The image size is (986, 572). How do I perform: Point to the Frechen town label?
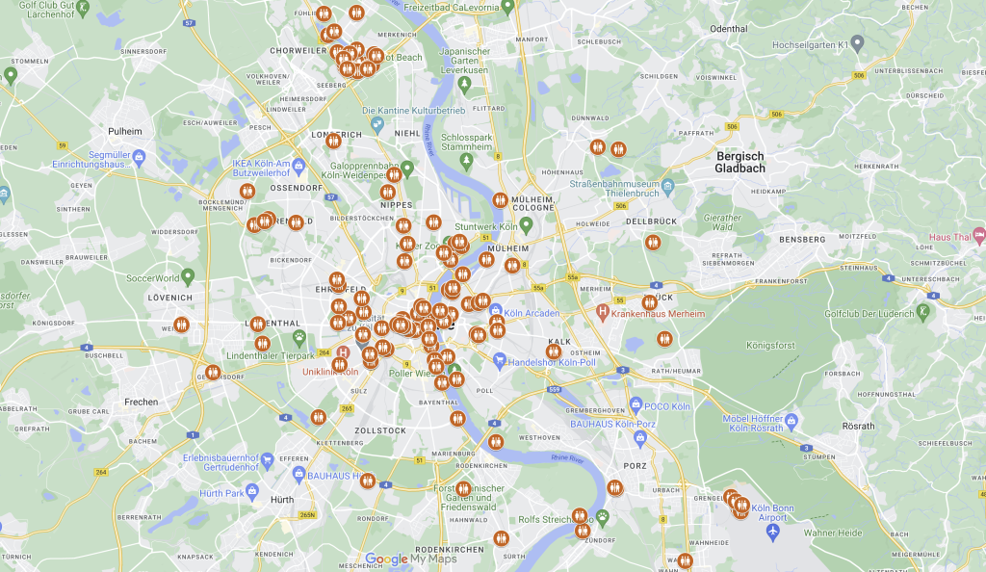[x=141, y=402]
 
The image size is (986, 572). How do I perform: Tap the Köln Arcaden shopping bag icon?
[x=495, y=311]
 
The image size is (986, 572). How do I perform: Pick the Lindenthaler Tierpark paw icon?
[x=300, y=337]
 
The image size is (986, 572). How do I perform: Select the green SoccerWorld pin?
[x=189, y=276]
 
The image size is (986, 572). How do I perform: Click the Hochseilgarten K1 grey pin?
[x=857, y=43]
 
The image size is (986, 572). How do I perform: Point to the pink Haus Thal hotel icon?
[x=978, y=234]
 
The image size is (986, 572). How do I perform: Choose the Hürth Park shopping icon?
[x=252, y=492]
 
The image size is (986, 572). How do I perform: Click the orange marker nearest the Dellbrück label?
[x=653, y=243]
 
